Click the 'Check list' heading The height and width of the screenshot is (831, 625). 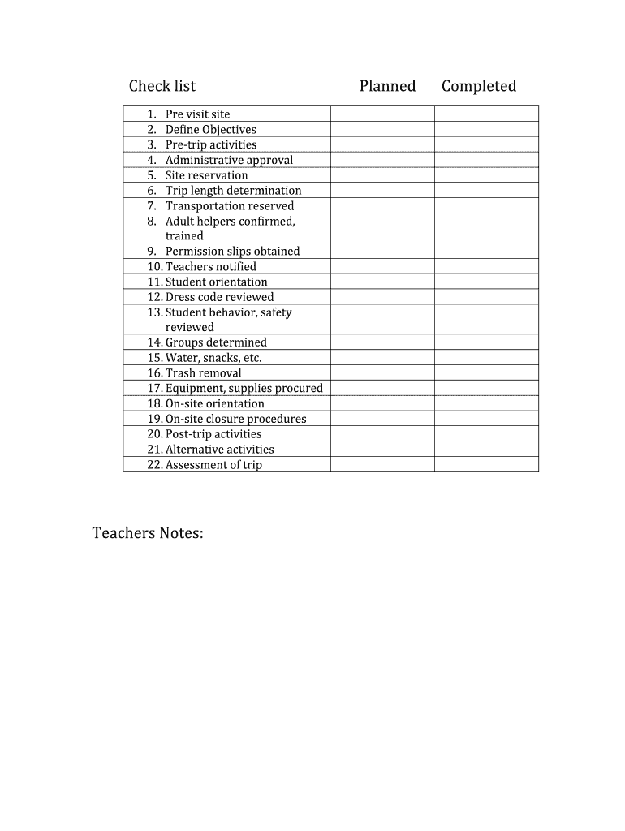162,86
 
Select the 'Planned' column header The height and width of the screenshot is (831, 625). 387,86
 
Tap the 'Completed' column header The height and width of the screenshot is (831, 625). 479,86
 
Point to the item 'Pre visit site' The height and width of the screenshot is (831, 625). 197,114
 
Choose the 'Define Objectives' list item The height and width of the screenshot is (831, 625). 210,130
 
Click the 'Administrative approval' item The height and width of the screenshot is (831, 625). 229,160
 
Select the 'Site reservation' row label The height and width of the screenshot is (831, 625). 206,175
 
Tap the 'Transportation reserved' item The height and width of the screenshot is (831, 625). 230,206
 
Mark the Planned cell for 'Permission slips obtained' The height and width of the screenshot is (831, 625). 382,252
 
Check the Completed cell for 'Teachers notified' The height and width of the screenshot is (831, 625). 486,267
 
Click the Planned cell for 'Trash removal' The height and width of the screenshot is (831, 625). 382,373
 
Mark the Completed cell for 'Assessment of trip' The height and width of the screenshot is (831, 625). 486,465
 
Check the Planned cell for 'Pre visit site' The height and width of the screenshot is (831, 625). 382,114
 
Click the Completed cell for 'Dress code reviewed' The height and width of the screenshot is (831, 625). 486,297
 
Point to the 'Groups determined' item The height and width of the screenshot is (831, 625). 216,342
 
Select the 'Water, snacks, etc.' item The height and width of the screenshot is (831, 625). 213,358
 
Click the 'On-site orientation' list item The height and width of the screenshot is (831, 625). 214,404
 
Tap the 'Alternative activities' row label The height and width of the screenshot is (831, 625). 219,450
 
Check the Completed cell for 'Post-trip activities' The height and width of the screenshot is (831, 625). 486,434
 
